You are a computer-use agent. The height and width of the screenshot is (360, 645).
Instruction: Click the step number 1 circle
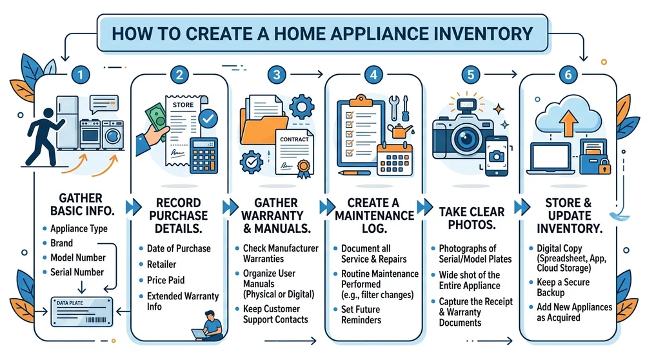click(x=79, y=75)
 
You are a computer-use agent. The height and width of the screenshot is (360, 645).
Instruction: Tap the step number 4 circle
click(x=373, y=75)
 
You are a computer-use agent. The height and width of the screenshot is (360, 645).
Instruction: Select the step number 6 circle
click(x=568, y=75)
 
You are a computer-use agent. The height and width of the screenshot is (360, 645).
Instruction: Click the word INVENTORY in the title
click(x=473, y=33)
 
